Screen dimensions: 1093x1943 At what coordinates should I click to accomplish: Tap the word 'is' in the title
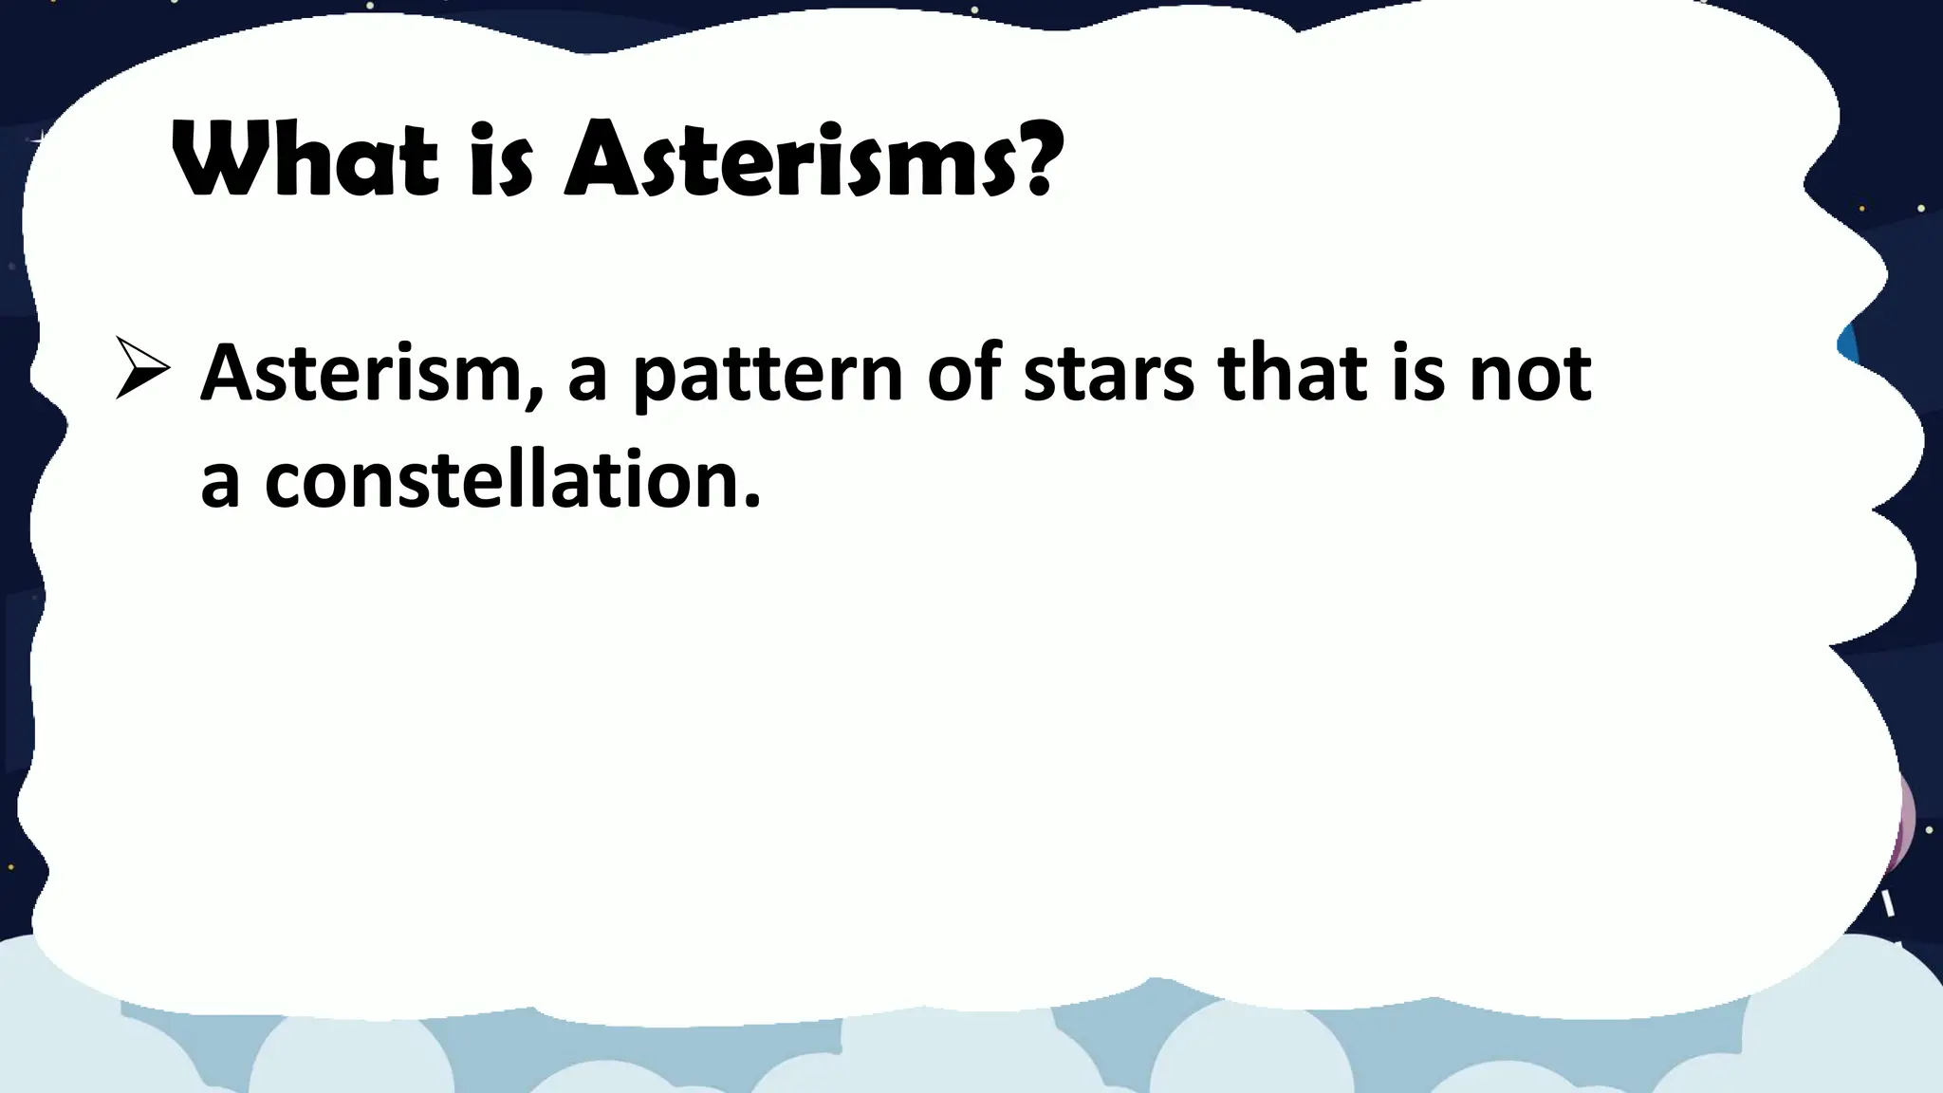tap(501, 161)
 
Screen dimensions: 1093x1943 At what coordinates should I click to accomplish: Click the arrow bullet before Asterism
tap(142, 369)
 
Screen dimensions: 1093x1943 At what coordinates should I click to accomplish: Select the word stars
tap(1108, 374)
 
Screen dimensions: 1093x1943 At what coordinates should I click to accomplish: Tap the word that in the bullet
tap(1294, 372)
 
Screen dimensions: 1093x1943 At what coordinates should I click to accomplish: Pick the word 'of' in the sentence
tap(964, 372)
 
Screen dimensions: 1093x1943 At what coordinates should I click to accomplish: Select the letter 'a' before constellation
tap(219, 484)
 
